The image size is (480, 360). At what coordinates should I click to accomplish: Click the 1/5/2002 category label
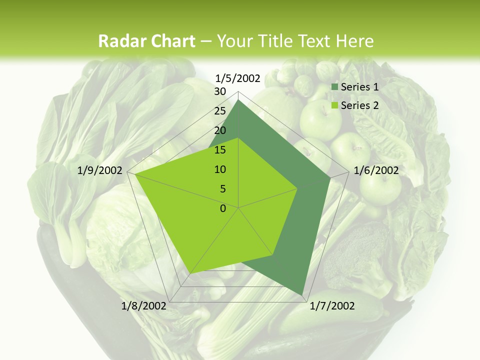(237, 78)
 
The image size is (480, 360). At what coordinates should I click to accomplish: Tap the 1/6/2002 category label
(376, 170)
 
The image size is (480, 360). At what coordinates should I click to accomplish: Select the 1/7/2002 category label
(332, 306)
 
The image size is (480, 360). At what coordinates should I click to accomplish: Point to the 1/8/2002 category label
(143, 306)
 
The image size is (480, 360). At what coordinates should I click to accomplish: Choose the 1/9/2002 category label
(100, 170)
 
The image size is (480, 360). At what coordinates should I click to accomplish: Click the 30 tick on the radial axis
(219, 91)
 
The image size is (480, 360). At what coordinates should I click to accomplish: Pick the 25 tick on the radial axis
(219, 111)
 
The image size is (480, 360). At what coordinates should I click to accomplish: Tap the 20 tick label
(219, 130)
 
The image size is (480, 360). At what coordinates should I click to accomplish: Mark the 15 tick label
(219, 150)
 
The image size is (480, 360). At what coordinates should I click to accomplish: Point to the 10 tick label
(219, 169)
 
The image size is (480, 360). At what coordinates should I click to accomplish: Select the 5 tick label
(222, 189)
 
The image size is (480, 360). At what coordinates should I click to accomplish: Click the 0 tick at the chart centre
(223, 208)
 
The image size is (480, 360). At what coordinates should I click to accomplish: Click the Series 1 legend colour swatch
(335, 87)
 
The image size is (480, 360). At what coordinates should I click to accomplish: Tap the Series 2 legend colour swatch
(335, 105)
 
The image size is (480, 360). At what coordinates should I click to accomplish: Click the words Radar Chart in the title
(146, 41)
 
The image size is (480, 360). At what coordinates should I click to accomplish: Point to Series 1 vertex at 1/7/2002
(302, 295)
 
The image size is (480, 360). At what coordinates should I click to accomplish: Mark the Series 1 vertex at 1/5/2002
(238, 100)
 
